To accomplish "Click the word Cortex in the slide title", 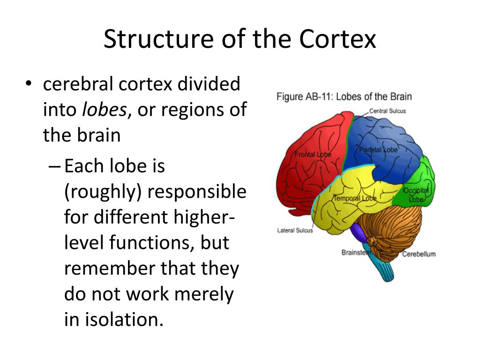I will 337,39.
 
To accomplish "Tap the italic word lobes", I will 104,110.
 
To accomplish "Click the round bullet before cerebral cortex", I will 29,85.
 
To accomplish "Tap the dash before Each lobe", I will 54,166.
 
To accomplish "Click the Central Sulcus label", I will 387,111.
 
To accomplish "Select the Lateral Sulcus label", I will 295,230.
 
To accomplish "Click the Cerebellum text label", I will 419,254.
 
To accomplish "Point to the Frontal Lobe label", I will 313,154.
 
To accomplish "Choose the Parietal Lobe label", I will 378,150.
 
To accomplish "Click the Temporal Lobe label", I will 355,198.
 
